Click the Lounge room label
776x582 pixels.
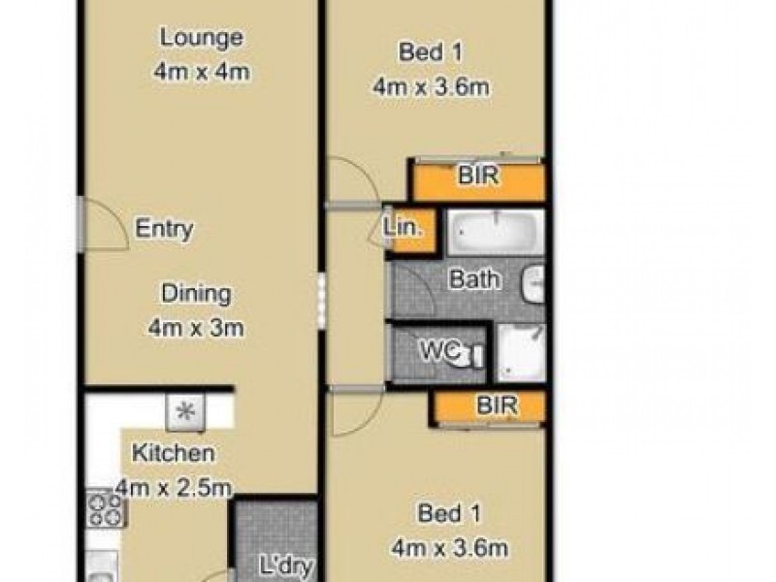(201, 39)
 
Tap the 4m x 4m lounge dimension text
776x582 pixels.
(201, 74)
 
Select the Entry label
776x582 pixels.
(164, 230)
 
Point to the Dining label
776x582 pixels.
(196, 293)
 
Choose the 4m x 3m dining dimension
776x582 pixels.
(196, 328)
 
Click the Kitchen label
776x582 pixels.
(173, 453)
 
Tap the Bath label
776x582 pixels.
(474, 280)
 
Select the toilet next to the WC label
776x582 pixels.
(472, 354)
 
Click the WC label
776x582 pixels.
(436, 351)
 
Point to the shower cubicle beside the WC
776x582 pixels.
(521, 353)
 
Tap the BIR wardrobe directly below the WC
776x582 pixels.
(495, 406)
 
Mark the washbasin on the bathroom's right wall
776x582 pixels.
(533, 282)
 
